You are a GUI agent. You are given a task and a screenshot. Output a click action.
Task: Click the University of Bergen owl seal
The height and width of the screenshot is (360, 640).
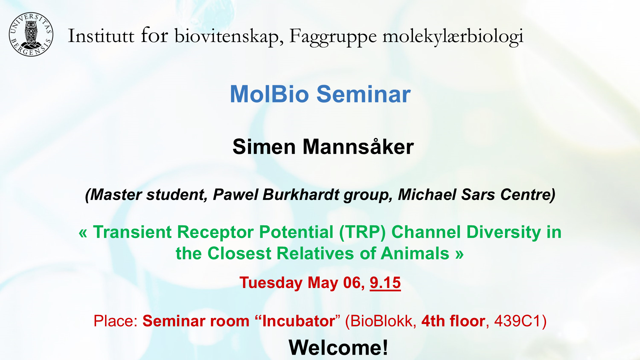coord(31,35)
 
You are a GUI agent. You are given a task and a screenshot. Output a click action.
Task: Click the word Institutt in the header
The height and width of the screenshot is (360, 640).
coord(101,36)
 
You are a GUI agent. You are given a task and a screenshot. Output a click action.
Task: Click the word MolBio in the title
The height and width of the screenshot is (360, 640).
coord(270,94)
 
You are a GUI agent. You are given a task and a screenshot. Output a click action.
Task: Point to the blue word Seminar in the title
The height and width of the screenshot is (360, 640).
coord(364,94)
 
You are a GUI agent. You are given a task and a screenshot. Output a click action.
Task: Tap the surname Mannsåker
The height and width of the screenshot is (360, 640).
coord(358,147)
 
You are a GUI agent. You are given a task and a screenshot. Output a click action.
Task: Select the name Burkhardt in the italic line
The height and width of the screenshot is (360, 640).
coord(301,195)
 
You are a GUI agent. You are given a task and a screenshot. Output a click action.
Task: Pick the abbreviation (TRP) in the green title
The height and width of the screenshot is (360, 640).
coord(362,232)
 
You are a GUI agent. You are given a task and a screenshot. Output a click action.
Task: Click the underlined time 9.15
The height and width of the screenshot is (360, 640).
coord(385,283)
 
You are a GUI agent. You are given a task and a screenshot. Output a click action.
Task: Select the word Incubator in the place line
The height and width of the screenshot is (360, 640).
coord(299,321)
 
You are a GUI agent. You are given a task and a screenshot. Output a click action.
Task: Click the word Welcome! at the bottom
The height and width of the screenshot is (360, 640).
coord(338,348)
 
